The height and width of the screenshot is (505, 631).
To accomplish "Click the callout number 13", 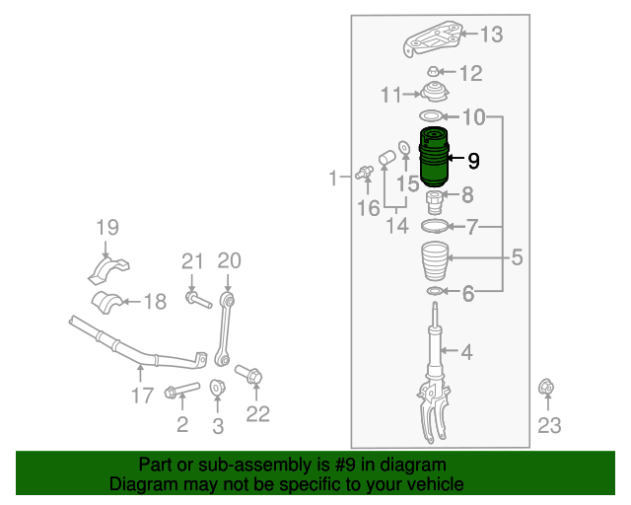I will [490, 36].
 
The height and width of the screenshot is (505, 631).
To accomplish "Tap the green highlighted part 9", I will [433, 159].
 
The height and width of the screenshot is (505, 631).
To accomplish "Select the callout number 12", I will [470, 72].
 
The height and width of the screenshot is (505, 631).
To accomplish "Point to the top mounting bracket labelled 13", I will [434, 40].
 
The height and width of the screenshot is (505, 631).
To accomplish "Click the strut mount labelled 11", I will [434, 97].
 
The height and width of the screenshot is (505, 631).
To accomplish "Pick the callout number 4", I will [466, 351].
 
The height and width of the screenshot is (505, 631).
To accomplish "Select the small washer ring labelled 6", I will [434, 292].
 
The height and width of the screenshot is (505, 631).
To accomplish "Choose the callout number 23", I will [548, 425].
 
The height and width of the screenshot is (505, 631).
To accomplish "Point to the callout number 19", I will [106, 229].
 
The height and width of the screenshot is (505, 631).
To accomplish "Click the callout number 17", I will [141, 395].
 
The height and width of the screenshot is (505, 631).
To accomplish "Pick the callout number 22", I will [257, 414].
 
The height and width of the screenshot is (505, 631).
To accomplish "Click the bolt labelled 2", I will [181, 392].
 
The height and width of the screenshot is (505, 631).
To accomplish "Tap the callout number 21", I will [191, 261].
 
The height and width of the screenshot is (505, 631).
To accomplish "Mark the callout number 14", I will [396, 227].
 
